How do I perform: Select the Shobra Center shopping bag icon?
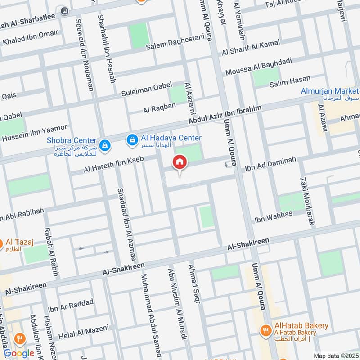pos(105,145)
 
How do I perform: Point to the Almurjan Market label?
pos(330,92)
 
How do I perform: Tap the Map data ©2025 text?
pos(335,356)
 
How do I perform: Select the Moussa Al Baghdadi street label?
pos(259,66)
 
